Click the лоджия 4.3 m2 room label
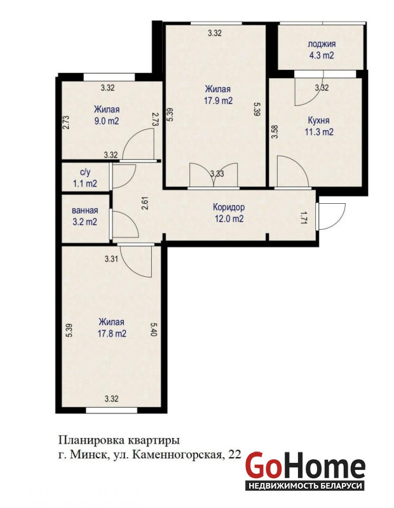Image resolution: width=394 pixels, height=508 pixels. point(321,50)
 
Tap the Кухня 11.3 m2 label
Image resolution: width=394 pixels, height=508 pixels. point(319,126)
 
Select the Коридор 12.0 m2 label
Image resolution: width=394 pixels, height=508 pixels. point(229,213)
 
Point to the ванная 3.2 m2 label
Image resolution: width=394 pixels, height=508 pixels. point(85,216)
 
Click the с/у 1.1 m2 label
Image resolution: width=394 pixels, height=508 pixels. point(85,178)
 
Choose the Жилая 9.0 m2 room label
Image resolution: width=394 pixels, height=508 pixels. point(107,116)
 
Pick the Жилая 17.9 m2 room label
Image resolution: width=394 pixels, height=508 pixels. point(218,95)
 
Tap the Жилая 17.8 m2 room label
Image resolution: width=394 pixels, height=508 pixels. point(112,328)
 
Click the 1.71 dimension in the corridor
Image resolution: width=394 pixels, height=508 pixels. point(304,218)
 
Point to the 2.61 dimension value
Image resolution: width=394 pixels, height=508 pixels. point(146,204)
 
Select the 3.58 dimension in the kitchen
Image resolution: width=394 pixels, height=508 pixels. point(275,131)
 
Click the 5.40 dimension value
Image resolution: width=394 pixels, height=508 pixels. point(154,329)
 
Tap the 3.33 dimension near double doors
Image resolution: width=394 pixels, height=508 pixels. point(217,173)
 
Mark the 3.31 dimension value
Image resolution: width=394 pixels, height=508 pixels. point(111,259)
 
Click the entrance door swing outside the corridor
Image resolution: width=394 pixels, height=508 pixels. point(332,217)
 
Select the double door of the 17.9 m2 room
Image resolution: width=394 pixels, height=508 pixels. point(214,175)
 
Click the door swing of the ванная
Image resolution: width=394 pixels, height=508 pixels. point(125,225)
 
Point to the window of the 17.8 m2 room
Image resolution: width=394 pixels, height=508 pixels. point(111,410)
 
